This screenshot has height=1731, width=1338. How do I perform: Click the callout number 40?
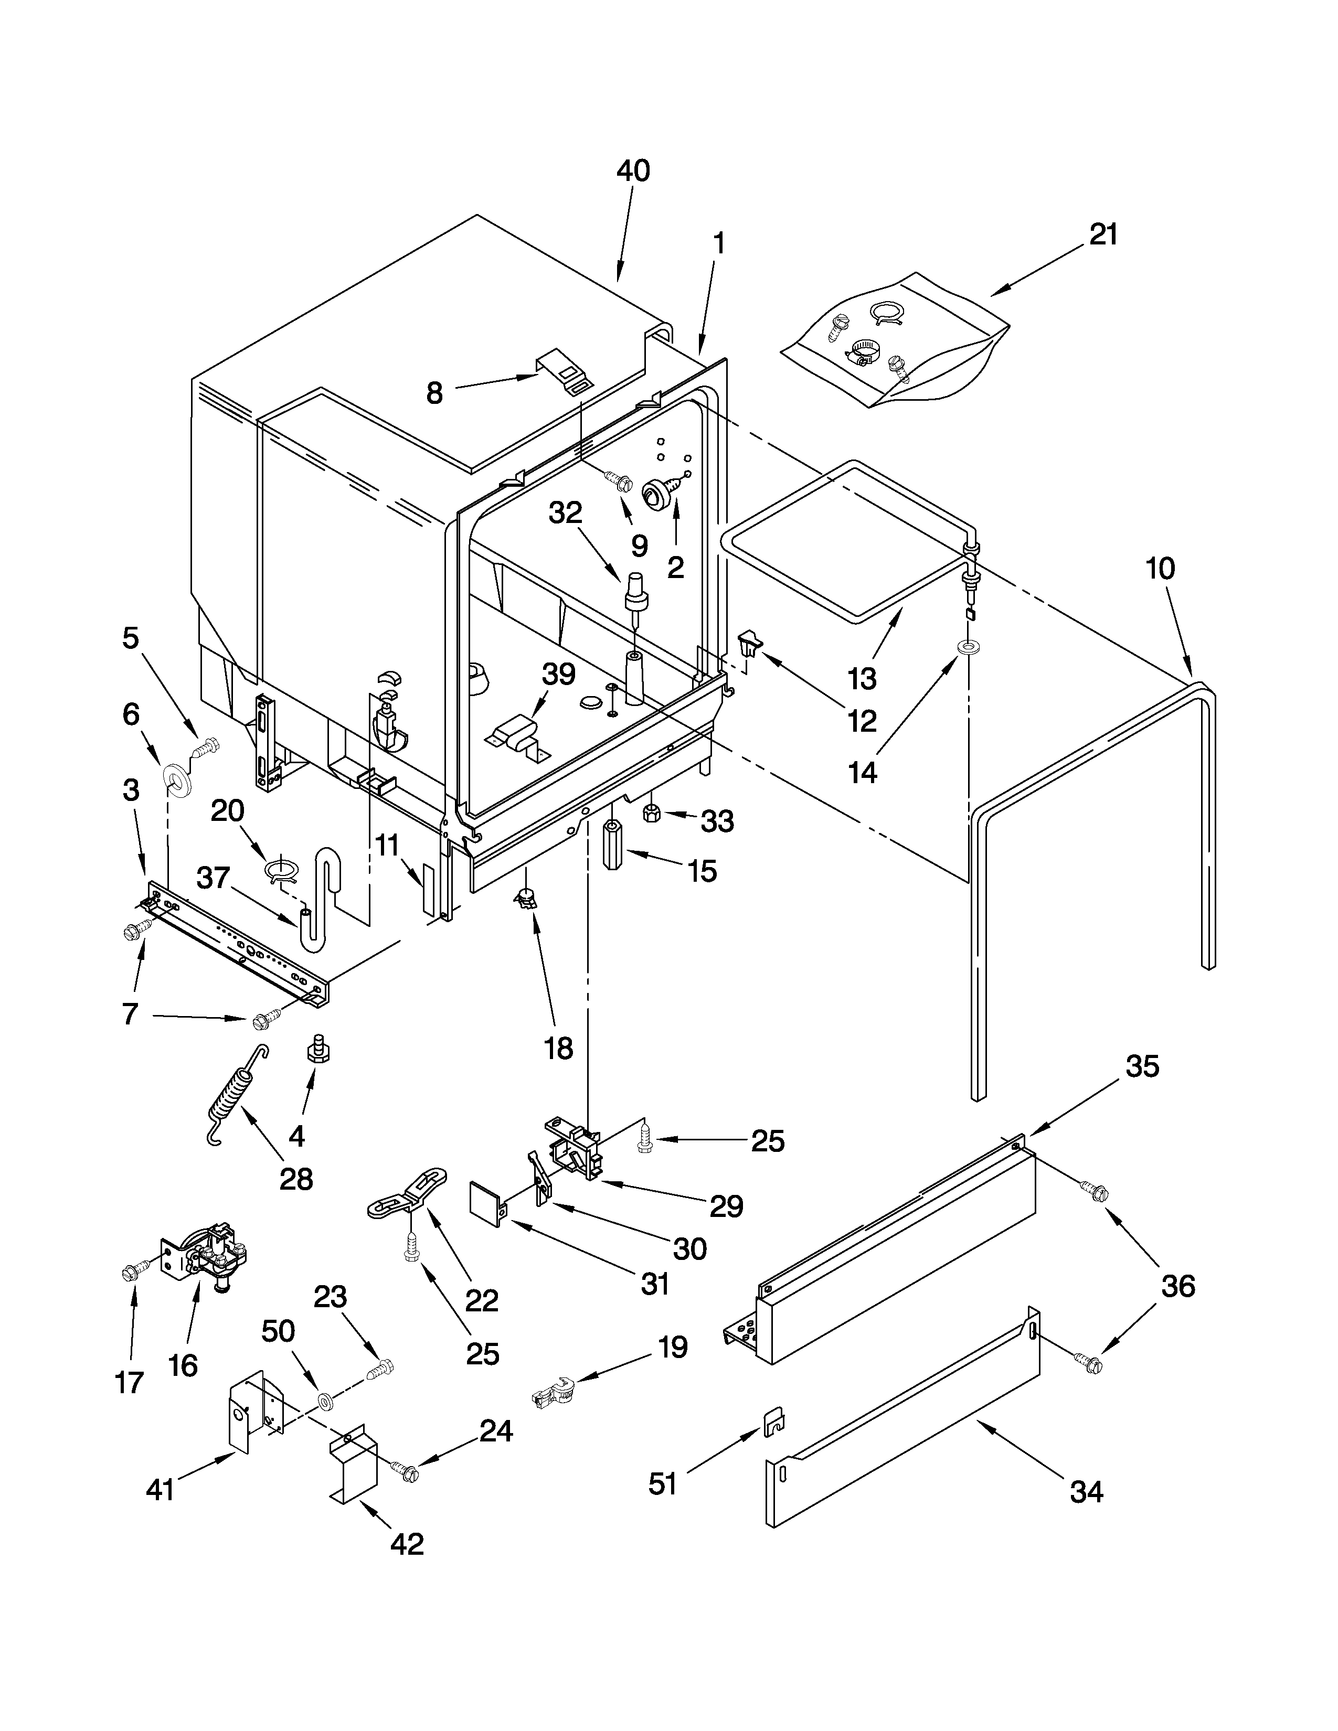click(x=633, y=170)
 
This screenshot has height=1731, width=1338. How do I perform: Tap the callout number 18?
click(x=558, y=1049)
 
